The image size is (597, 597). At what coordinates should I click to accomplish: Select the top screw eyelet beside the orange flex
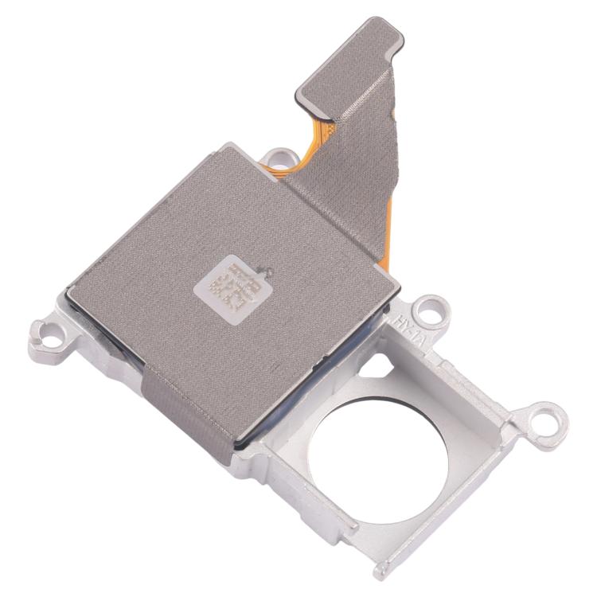click(277, 155)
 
